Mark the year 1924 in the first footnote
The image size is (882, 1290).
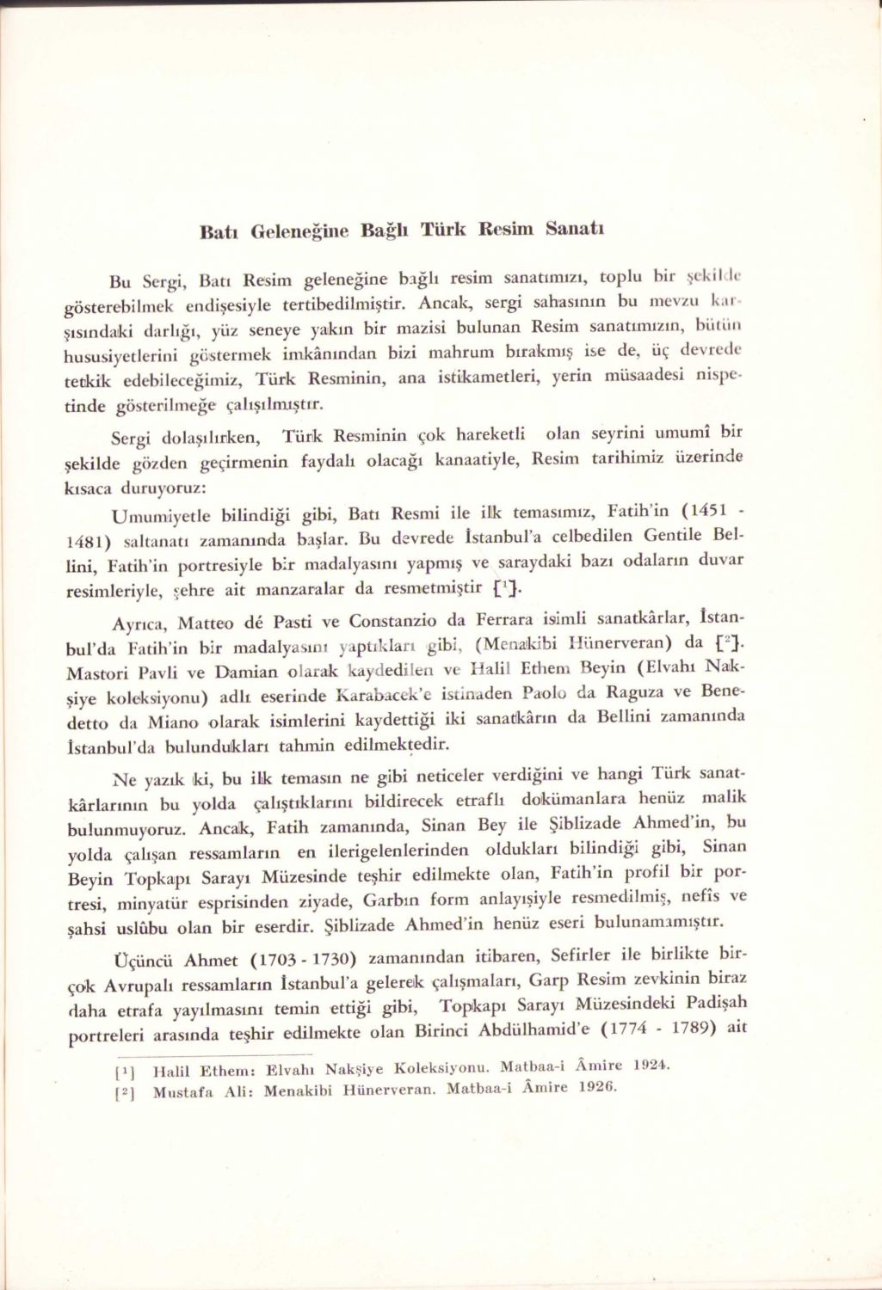pos(650,1066)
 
